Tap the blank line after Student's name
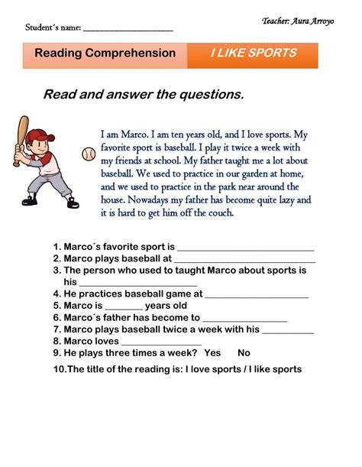pyautogui.click(x=128, y=29)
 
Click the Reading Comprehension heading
pyautogui.click(x=105, y=54)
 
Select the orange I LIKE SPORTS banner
pyautogui.click(x=253, y=54)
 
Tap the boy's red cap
pyautogui.click(x=40, y=137)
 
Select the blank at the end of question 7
pyautogui.click(x=288, y=331)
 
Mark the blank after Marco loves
pyautogui.click(x=161, y=343)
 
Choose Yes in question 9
pyautogui.click(x=213, y=353)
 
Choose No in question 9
pyautogui.click(x=244, y=353)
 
